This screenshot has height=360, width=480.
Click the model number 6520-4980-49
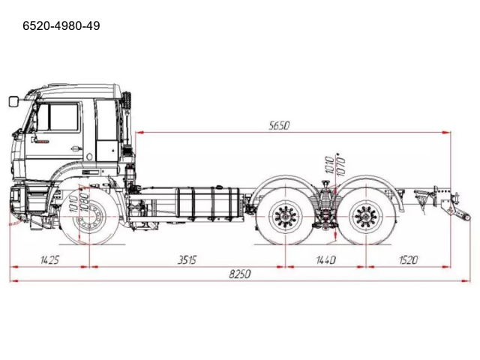(61, 26)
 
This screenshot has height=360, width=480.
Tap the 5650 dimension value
(279, 125)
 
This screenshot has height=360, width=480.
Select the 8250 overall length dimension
(240, 274)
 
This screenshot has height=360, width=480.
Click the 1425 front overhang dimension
(49, 260)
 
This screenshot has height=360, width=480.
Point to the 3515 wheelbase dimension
(187, 260)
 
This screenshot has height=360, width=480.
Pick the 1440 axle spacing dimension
(325, 260)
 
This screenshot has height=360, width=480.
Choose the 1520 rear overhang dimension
(408, 260)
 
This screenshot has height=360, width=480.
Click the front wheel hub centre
(89, 216)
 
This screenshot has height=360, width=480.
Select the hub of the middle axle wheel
(285, 217)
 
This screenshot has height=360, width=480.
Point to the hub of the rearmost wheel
(366, 217)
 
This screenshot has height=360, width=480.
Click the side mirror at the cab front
(13, 101)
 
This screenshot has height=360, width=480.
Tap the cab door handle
(76, 149)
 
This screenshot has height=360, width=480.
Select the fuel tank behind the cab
(208, 203)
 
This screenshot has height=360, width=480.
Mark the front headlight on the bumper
(15, 196)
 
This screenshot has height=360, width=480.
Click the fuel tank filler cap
(218, 187)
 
